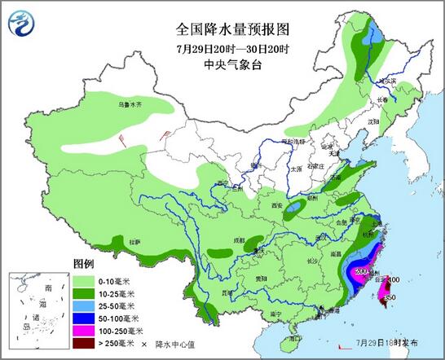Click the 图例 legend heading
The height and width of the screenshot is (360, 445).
tap(84, 266)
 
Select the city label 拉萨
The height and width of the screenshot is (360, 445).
tap(135, 241)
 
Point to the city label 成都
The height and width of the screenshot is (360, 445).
tap(237, 241)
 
